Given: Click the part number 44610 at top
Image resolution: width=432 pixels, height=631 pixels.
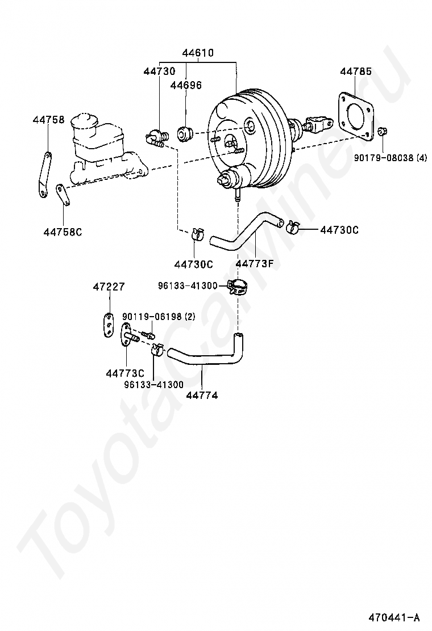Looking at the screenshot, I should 197,53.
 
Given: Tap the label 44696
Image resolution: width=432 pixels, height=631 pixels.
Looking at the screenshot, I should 186,85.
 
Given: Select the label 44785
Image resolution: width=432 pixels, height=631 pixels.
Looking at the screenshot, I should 356,71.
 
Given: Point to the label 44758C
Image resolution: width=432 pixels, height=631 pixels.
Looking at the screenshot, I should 63,231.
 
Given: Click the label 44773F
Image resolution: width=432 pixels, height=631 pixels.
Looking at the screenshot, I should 254,264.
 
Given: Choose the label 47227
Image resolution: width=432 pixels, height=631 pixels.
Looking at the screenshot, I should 109,287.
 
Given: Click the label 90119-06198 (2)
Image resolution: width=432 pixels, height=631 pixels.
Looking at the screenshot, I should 158,317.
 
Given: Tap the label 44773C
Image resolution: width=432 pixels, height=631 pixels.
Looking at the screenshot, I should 125,373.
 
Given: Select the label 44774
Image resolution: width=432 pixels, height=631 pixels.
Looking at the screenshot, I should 201,395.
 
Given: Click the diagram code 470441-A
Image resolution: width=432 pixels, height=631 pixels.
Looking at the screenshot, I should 393,617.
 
